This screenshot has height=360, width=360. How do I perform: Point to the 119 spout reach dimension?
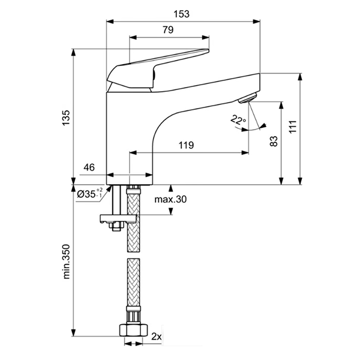point(187,145)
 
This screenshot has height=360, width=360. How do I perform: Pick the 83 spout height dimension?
point(273,142)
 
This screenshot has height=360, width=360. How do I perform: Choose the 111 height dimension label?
point(292,127)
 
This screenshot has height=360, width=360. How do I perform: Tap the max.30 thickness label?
point(170,199)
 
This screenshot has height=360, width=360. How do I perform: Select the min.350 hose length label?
point(66,262)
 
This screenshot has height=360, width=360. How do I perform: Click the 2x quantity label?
point(157,337)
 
